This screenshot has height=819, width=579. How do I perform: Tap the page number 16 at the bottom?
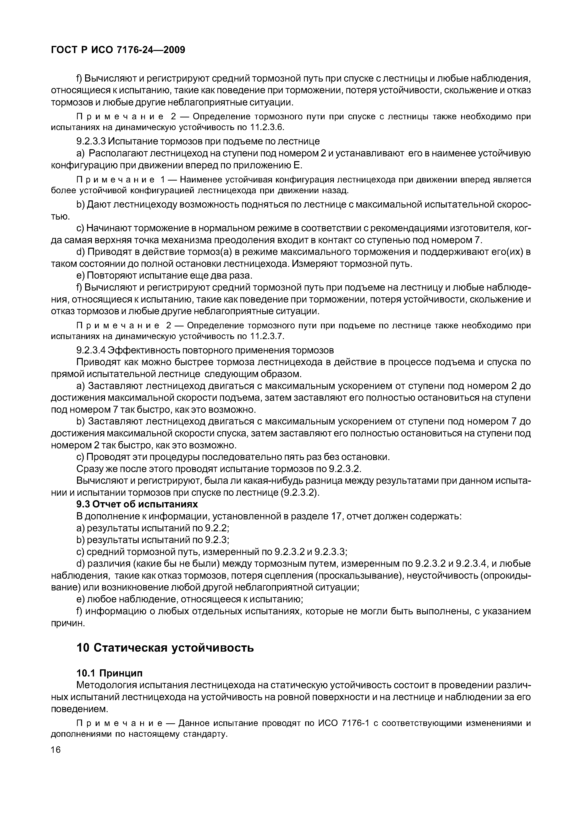click(56, 749)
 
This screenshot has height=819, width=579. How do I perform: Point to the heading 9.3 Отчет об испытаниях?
click(137, 504)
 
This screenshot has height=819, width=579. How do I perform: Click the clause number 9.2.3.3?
click(91, 141)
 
